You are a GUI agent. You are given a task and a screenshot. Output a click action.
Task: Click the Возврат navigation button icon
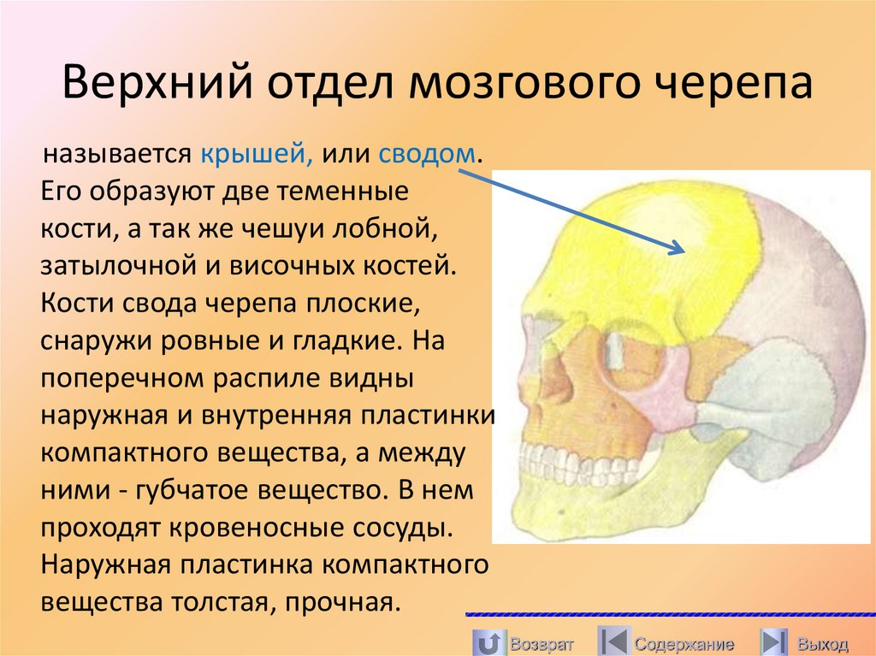[x=487, y=641]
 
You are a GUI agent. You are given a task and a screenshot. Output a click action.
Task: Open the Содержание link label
[x=684, y=643]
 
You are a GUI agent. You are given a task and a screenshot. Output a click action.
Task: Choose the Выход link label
[x=822, y=643]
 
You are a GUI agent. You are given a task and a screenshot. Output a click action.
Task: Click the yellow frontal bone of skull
[x=633, y=257]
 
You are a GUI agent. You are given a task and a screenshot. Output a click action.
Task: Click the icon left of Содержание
[x=613, y=641]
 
